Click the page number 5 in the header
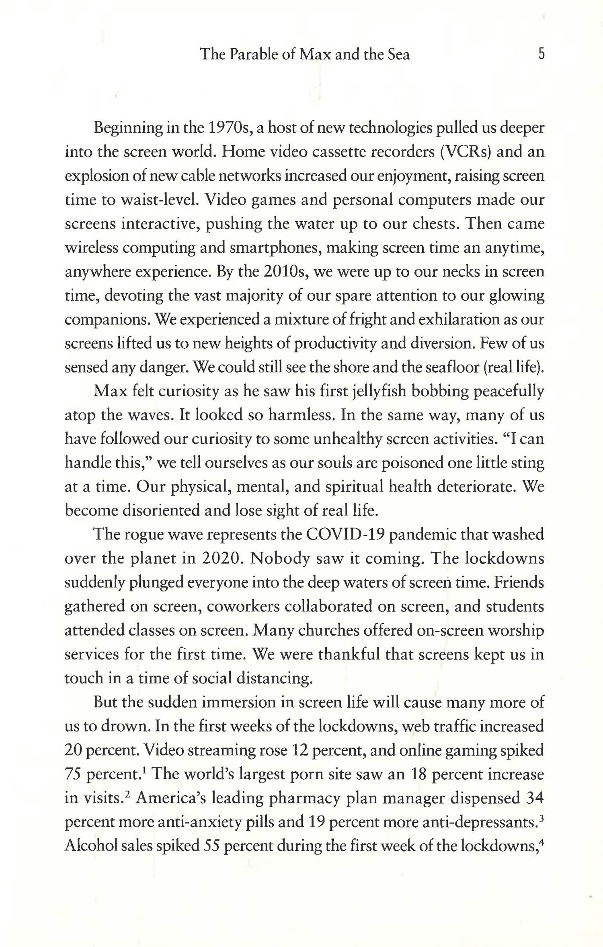pos(541,54)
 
